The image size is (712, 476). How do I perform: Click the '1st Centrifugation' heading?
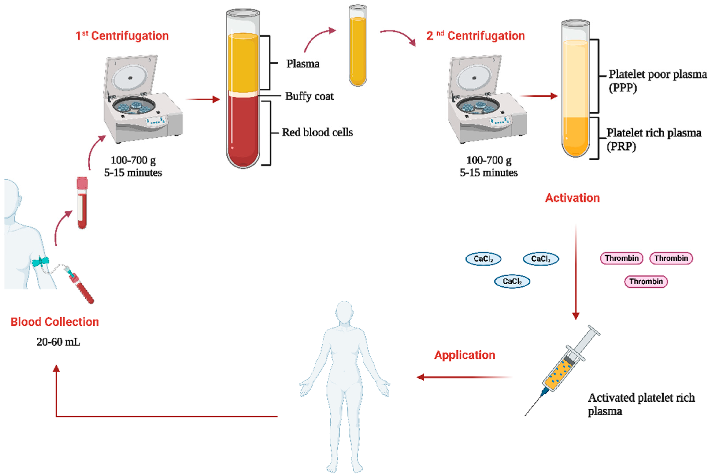pyautogui.click(x=122, y=36)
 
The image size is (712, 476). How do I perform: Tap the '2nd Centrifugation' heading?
pyautogui.click(x=476, y=36)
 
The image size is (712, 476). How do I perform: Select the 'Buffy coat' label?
pyautogui.click(x=309, y=96)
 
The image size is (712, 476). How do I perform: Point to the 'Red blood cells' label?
pyautogui.click(x=317, y=132)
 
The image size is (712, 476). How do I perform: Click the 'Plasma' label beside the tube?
pyautogui.click(x=303, y=64)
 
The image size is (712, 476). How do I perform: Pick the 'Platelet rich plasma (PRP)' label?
pyautogui.click(x=653, y=139)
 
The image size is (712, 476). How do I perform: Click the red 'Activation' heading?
pyautogui.click(x=572, y=198)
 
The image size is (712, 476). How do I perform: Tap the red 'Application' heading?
pyautogui.click(x=464, y=355)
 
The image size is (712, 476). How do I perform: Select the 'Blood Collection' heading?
pyautogui.click(x=55, y=322)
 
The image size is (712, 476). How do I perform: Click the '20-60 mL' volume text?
pyautogui.click(x=58, y=342)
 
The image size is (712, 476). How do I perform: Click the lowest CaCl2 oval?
pyautogui.click(x=512, y=281)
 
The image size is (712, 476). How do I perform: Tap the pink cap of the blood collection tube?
pyautogui.click(x=82, y=182)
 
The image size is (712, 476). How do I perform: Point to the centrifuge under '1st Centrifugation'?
pyautogui.click(x=143, y=100)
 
